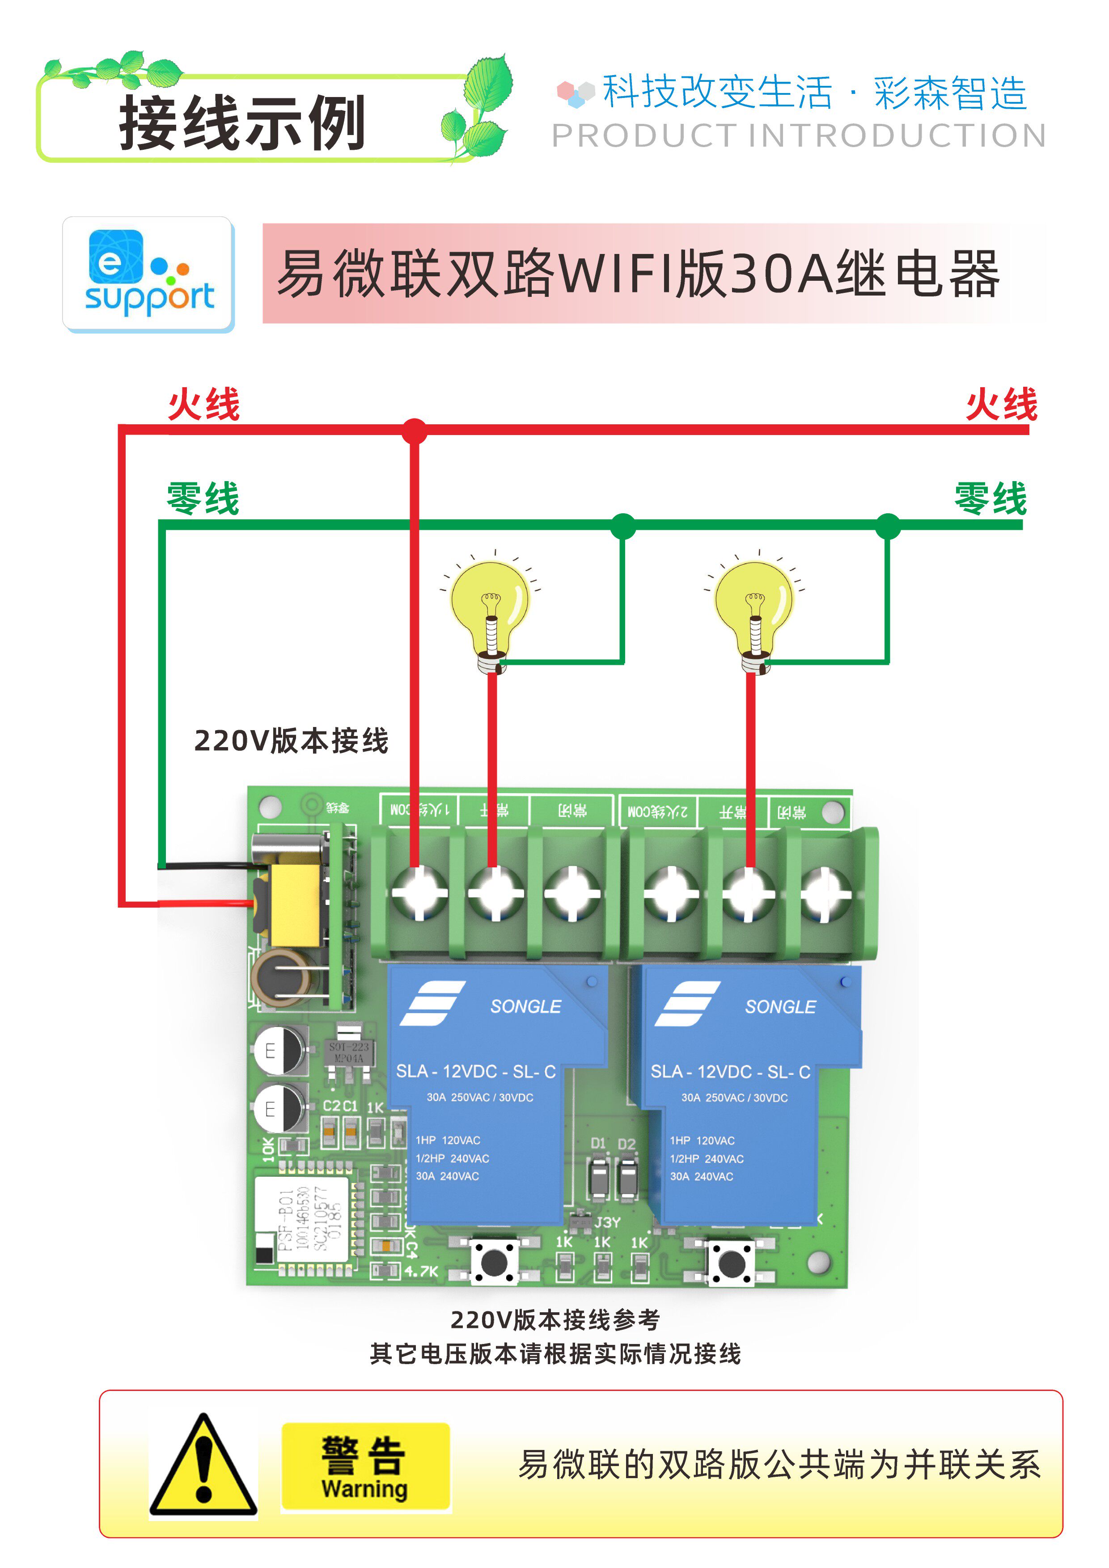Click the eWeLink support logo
(x=149, y=275)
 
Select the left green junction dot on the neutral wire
(x=623, y=526)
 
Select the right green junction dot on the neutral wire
(x=887, y=526)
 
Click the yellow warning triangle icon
(x=203, y=1466)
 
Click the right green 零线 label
(x=990, y=499)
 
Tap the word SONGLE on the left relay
(x=525, y=1006)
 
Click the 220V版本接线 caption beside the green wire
(x=292, y=741)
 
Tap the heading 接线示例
(x=242, y=123)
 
